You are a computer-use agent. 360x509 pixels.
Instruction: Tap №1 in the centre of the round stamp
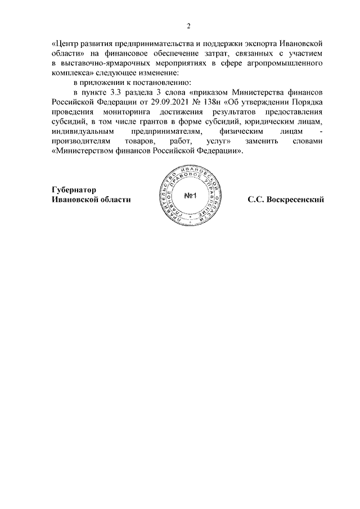[189, 196]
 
